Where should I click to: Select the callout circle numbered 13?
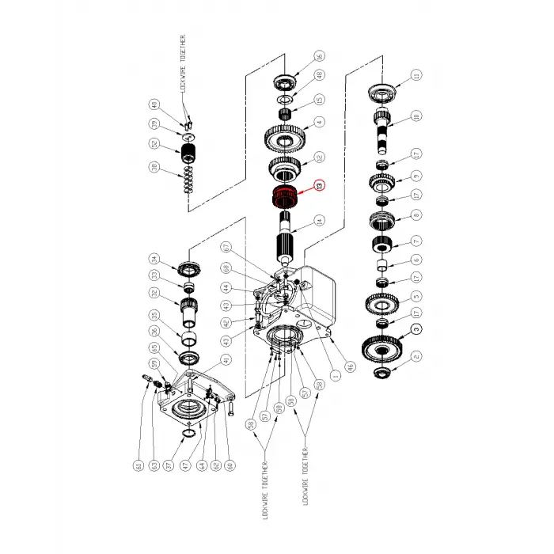click(x=320, y=186)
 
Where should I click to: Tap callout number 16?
click(x=320, y=57)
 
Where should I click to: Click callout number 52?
click(x=154, y=144)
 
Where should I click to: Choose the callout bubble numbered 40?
click(x=154, y=104)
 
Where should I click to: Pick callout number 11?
click(x=416, y=76)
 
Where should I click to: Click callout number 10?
click(x=416, y=116)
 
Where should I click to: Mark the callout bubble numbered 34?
click(x=154, y=259)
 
